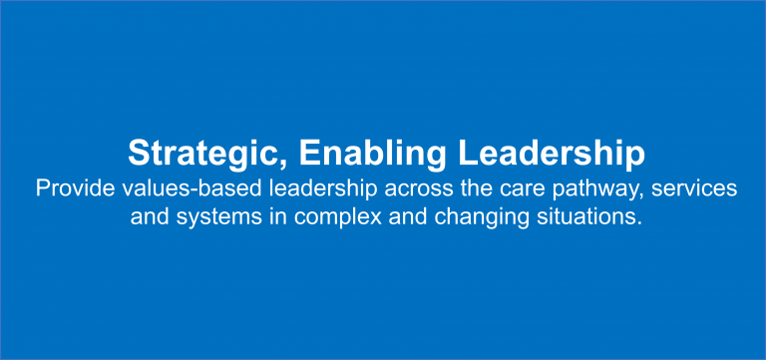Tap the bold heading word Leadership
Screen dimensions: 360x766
pyautogui.click(x=550, y=153)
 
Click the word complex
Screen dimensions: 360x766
pyautogui.click(x=320, y=215)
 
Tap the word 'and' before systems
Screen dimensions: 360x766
pyautogui.click(x=150, y=215)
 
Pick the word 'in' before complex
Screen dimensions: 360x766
pyautogui.click(x=263, y=215)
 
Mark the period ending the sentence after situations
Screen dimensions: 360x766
pyautogui.click(x=633, y=221)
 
